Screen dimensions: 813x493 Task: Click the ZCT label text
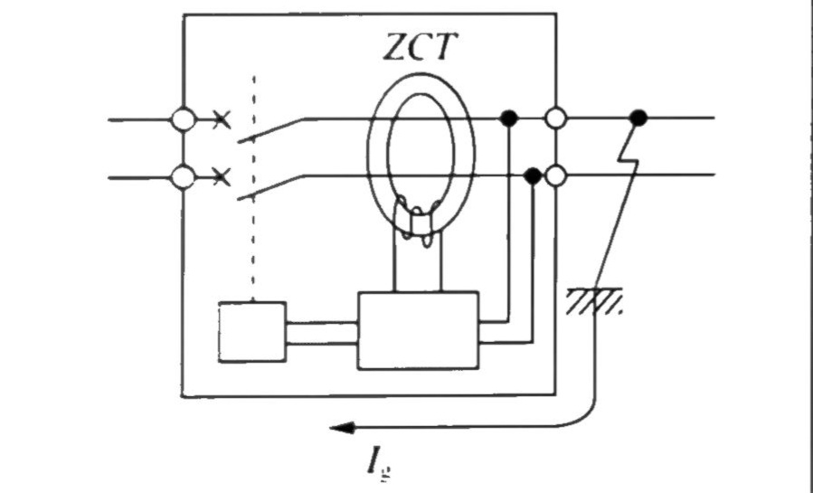click(x=421, y=47)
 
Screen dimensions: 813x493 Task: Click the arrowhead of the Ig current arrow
click(x=342, y=428)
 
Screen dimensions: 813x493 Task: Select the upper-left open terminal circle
click(x=183, y=119)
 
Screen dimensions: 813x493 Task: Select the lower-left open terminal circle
click(x=183, y=177)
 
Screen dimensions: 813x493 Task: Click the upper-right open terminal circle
click(x=556, y=119)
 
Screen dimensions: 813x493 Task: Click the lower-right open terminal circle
click(x=556, y=175)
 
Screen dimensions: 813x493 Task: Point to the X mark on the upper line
click(x=222, y=120)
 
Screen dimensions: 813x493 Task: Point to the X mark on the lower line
click(x=222, y=177)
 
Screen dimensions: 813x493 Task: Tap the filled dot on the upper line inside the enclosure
click(x=509, y=119)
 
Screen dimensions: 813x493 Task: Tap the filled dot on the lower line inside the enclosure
click(x=533, y=176)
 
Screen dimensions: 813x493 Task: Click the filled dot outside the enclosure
click(x=638, y=119)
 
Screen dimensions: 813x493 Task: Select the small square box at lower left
click(x=252, y=332)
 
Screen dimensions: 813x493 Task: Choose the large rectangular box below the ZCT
click(x=418, y=330)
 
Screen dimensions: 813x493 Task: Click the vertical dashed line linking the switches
click(x=253, y=188)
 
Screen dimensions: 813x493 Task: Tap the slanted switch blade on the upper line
click(x=270, y=130)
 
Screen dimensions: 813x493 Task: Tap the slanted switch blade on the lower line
click(x=270, y=187)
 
